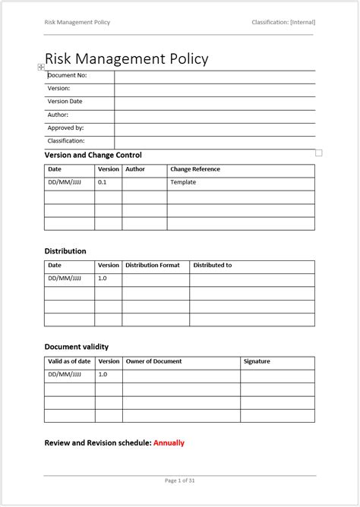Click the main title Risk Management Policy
click(x=126, y=58)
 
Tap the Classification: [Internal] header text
click(x=283, y=22)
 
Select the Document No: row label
click(x=68, y=76)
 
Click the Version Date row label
click(x=65, y=102)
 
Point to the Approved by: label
click(x=65, y=128)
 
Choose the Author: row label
click(x=58, y=115)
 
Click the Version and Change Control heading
click(x=93, y=155)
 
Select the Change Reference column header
click(x=195, y=169)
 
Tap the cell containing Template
click(x=183, y=182)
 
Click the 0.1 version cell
click(x=103, y=182)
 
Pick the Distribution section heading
click(x=65, y=250)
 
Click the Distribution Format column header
click(x=153, y=265)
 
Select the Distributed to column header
click(x=213, y=265)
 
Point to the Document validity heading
click(x=82, y=347)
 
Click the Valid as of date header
click(x=69, y=361)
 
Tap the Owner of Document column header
click(x=153, y=361)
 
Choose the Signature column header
click(x=257, y=361)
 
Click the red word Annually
click(x=169, y=442)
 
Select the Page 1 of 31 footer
click(x=179, y=480)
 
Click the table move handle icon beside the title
click(x=41, y=68)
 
